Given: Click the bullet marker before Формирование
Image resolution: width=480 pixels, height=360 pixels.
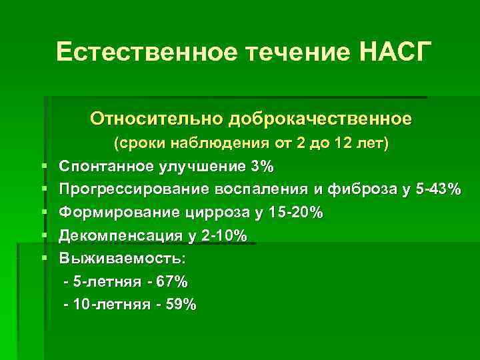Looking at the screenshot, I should tap(43, 213).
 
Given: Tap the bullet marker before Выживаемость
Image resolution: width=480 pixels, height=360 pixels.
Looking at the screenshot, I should tap(43, 258).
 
